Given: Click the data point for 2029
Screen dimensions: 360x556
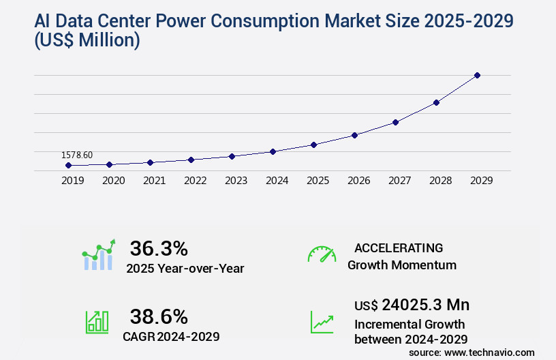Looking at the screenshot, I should point(477,75).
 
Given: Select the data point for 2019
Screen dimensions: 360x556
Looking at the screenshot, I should point(68,165).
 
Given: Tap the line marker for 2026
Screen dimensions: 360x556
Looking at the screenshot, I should point(354,135).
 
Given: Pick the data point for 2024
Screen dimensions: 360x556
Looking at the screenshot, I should point(273,151).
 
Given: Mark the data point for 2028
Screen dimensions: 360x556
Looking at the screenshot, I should point(436,102).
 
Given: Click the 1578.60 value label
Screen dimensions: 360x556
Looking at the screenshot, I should point(77,155).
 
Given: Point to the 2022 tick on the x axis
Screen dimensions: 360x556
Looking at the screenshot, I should point(195,181).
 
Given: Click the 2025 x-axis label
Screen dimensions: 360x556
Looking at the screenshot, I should point(318,181).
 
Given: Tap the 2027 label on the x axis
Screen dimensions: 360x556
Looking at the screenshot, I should point(399,181).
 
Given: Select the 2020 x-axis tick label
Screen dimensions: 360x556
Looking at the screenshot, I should point(113,181).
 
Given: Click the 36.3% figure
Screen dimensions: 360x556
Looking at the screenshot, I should point(159,248).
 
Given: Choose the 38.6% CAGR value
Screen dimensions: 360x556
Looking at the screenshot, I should point(159,316).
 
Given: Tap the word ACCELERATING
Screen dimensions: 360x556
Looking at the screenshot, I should point(399,248).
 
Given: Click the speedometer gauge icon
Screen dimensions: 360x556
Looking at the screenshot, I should point(322,254).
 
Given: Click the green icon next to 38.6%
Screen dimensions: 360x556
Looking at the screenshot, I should point(97,321).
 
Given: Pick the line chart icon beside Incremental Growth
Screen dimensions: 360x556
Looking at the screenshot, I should point(322,321).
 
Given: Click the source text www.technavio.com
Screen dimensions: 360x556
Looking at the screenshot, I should point(489,352).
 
